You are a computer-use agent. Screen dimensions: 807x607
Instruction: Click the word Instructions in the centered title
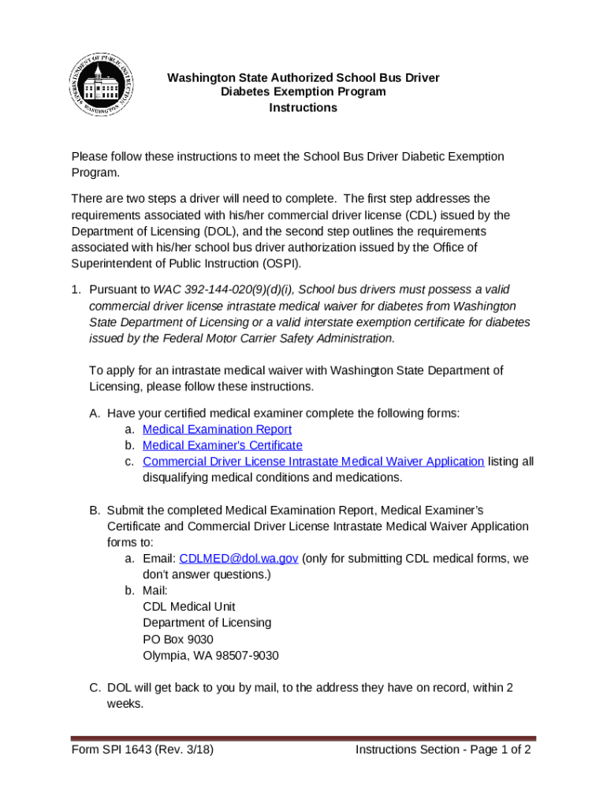click(x=303, y=107)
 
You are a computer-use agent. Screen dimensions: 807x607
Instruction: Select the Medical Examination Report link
click(x=217, y=430)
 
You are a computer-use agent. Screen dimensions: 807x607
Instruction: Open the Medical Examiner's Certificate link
click(x=211, y=445)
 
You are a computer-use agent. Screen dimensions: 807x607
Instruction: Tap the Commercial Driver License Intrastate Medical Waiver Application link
click(x=313, y=462)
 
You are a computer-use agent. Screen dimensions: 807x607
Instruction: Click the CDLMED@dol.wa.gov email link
click(x=238, y=559)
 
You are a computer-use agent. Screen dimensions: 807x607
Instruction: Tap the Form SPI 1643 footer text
click(x=142, y=749)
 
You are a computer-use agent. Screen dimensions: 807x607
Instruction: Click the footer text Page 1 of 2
click(x=493, y=749)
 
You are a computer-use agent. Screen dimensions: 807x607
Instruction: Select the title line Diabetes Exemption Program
click(x=303, y=91)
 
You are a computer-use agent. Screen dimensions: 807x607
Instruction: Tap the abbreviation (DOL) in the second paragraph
click(x=228, y=231)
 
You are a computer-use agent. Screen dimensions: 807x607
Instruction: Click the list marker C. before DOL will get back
click(x=95, y=688)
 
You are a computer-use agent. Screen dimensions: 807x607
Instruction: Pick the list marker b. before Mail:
click(x=129, y=590)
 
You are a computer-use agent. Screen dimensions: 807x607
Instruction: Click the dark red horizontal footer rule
click(x=303, y=738)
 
